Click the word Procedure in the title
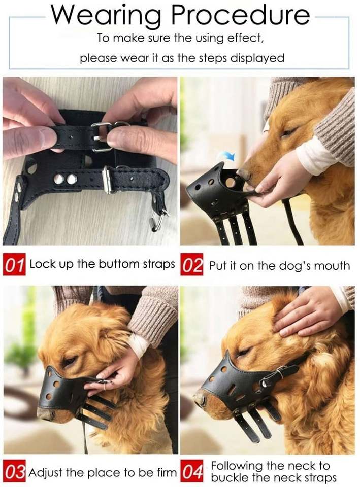(x=240, y=16)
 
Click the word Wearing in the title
(x=106, y=16)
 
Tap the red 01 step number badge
(x=14, y=264)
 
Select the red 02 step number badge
(x=191, y=264)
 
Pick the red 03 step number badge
(x=14, y=472)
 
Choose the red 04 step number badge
(x=191, y=472)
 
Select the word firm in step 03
(x=167, y=473)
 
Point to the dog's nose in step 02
(x=245, y=175)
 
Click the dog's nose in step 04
(x=199, y=400)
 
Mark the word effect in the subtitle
(x=245, y=38)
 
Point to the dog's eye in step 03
(x=69, y=361)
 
